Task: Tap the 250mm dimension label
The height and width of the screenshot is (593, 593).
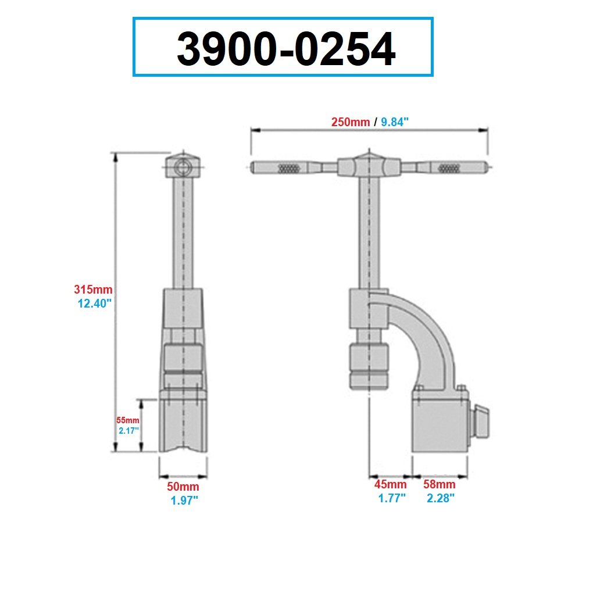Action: click(351, 122)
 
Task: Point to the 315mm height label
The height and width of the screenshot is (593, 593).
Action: click(93, 289)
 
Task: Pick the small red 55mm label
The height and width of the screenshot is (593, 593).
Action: click(128, 420)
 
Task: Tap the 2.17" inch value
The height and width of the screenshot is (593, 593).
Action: click(128, 431)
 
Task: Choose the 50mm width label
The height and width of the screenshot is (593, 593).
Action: click(184, 487)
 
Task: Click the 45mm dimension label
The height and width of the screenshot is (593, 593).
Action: click(391, 484)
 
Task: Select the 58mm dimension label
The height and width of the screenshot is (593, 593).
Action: click(439, 484)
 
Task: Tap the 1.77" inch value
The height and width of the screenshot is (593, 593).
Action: click(391, 498)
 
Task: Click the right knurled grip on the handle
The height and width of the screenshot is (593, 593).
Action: click(448, 169)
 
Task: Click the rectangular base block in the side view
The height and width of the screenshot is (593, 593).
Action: click(440, 424)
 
